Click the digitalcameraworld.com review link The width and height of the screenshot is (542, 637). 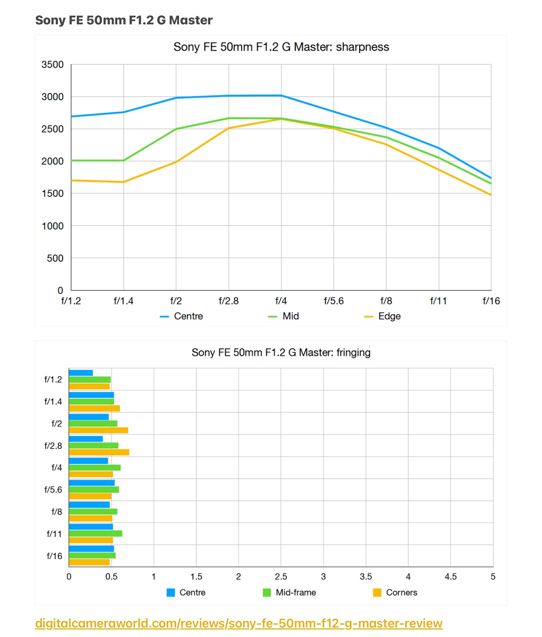239,623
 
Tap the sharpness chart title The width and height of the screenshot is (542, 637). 281,47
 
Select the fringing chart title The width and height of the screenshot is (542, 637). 281,353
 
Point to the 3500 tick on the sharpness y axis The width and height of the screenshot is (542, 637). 52,65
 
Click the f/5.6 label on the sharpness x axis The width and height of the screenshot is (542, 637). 334,301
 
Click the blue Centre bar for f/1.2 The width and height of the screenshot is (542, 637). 81,373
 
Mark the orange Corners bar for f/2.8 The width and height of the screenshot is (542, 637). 99,453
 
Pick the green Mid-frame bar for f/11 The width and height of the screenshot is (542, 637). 95,534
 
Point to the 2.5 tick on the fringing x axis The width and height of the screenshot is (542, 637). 281,577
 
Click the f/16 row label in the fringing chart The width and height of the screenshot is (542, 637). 54,556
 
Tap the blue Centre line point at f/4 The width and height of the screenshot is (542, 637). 281,95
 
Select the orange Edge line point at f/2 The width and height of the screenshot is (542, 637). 176,162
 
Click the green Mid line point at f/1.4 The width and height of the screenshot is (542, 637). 123,160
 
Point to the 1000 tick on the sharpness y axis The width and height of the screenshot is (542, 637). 52,226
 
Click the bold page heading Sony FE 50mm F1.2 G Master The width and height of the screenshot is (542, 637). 124,20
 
